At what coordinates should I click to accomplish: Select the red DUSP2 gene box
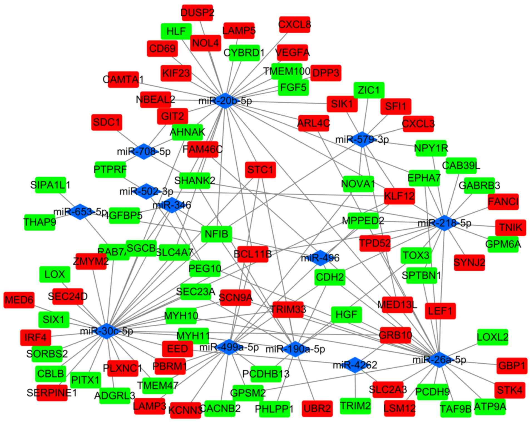tap(197, 13)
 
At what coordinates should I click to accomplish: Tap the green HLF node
tap(176, 31)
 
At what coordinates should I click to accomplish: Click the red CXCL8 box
tap(295, 24)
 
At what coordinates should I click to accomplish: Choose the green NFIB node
tap(216, 234)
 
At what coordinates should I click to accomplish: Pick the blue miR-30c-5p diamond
tap(107, 331)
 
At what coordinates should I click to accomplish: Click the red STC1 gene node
tap(260, 170)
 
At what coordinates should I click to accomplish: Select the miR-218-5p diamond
tap(444, 223)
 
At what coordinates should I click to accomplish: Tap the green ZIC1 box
tap(369, 90)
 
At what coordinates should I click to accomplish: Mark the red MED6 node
tap(19, 300)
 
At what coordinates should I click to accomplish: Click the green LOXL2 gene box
tap(493, 337)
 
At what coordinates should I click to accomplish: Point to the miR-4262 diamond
tap(355, 365)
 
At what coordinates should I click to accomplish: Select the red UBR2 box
tap(317, 408)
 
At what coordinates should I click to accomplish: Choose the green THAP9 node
tap(39, 222)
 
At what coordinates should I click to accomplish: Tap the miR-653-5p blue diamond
tap(80, 212)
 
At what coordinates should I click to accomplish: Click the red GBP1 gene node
tap(512, 366)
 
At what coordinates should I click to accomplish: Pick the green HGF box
tap(346, 314)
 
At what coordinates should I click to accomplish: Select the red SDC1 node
tap(107, 122)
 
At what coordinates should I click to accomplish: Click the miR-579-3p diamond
tap(362, 139)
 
